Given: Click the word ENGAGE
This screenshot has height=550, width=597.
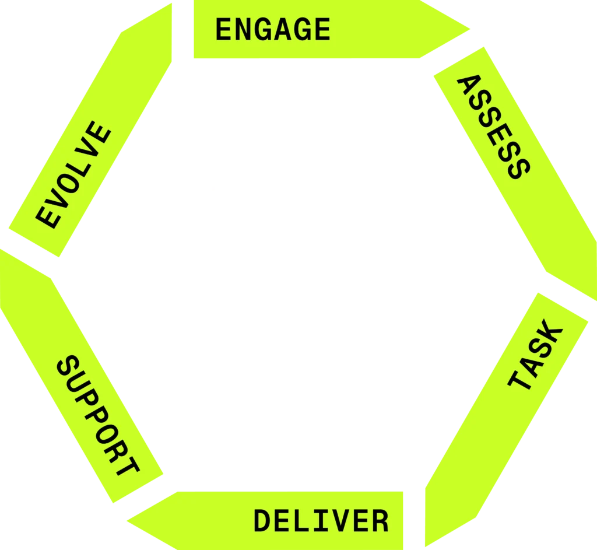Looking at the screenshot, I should [x=273, y=30].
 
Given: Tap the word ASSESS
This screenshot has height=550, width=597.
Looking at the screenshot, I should [x=493, y=128].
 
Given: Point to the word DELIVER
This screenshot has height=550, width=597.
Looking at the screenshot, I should [x=321, y=520].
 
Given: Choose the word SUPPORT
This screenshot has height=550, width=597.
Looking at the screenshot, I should [x=99, y=416].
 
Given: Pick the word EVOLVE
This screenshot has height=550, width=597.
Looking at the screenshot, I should [x=73, y=175].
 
